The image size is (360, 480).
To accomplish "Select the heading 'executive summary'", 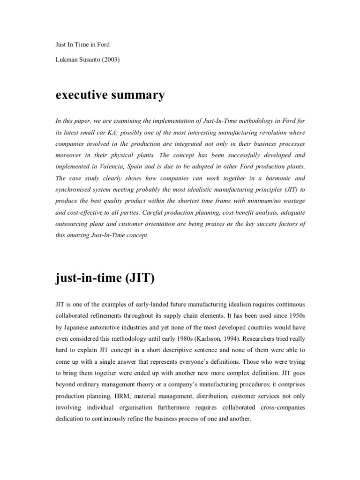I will [110, 95].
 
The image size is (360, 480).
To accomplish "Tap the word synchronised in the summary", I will [75, 189].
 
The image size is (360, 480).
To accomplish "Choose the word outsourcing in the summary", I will [75, 224].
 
